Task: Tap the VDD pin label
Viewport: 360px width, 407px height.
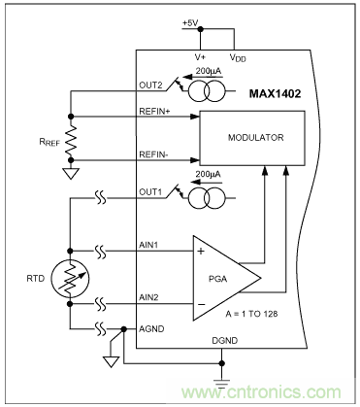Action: tap(238, 57)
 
